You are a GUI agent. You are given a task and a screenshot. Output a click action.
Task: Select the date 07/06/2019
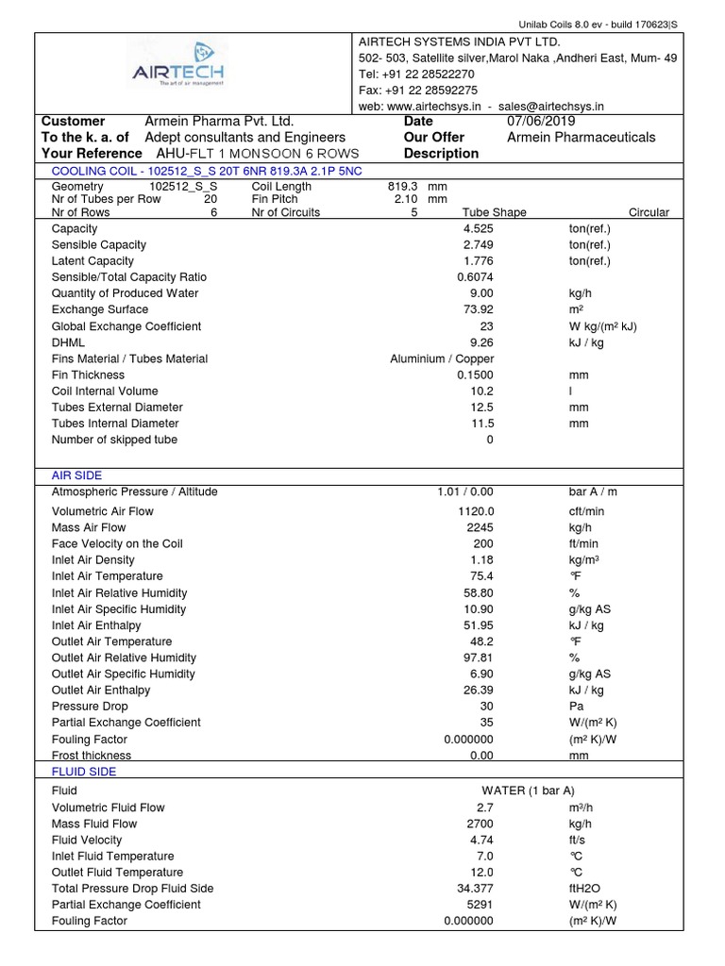point(540,122)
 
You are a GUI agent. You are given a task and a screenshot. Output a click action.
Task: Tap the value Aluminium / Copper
point(442,358)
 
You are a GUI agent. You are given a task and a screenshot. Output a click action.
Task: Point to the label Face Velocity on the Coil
point(117,544)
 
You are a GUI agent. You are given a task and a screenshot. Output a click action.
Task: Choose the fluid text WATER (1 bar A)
point(528,791)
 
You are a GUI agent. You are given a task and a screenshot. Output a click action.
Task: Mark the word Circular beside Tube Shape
point(649,212)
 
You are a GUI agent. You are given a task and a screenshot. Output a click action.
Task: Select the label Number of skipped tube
point(114,440)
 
